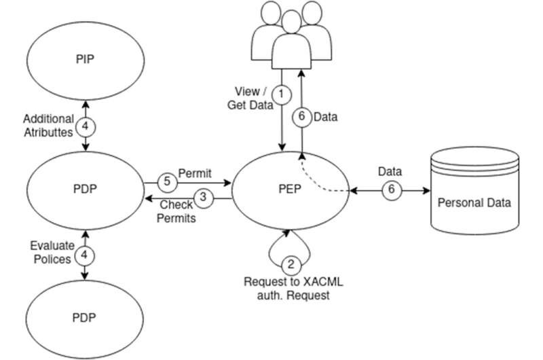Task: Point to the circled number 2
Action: click(x=291, y=264)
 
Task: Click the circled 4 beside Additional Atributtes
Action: click(x=85, y=125)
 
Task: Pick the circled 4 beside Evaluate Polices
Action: click(x=85, y=255)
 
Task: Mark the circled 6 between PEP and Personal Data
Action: click(x=390, y=190)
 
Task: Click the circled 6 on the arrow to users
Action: click(x=303, y=116)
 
